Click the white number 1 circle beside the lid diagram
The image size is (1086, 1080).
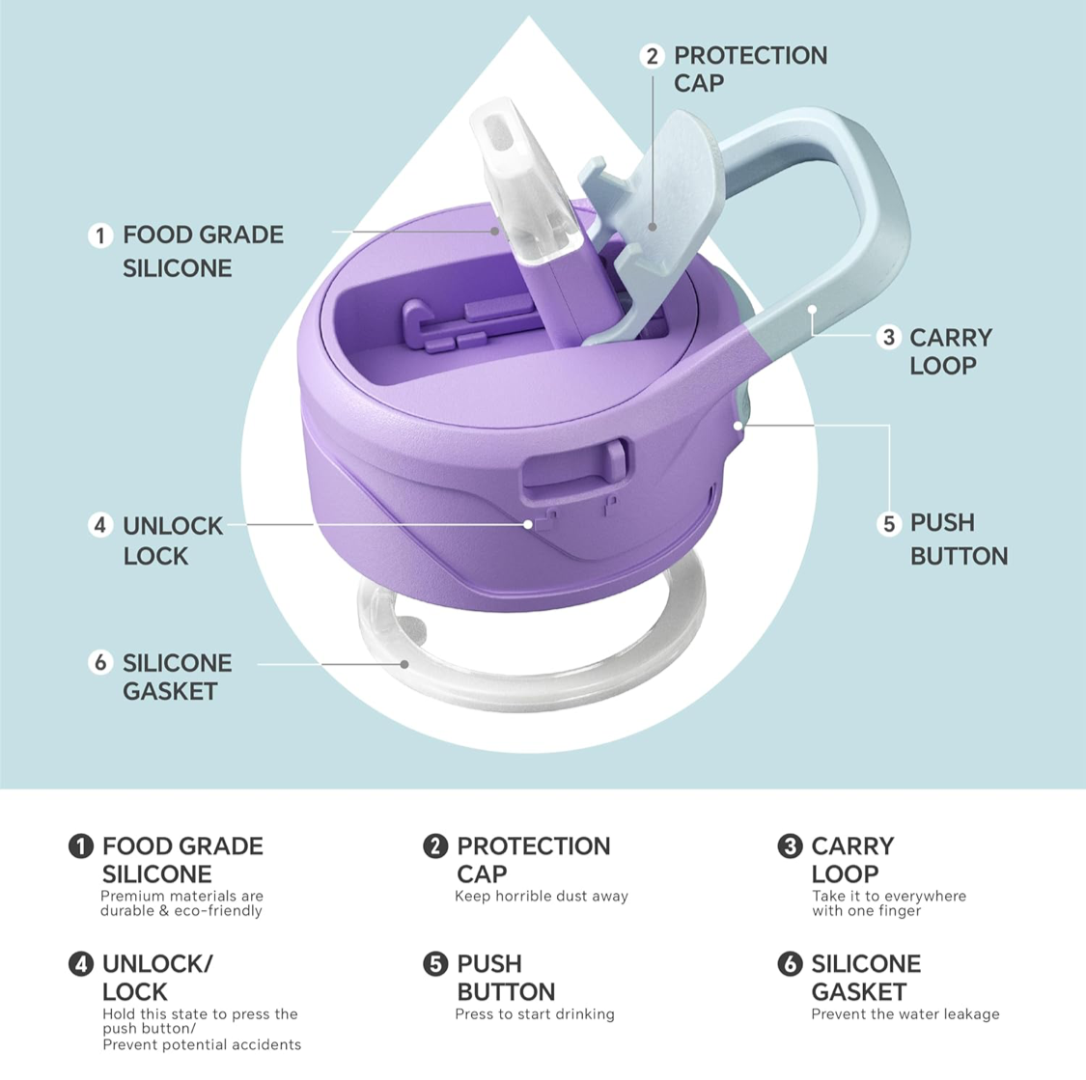tap(100, 235)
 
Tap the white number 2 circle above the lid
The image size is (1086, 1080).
tap(652, 56)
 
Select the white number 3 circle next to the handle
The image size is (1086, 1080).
tap(889, 338)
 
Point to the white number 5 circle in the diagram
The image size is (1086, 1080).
tap(889, 524)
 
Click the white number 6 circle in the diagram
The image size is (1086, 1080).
tap(100, 662)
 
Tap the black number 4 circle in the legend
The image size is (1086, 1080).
tap(80, 963)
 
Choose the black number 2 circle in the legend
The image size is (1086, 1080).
tap(435, 846)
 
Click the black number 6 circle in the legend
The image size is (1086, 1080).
tap(790, 963)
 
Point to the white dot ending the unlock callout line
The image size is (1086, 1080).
tap(528, 525)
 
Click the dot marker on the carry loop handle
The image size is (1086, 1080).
tap(812, 310)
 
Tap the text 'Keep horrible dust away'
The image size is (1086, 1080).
tap(542, 896)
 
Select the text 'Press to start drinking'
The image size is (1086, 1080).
tap(535, 1014)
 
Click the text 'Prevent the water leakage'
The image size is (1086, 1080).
tap(905, 1014)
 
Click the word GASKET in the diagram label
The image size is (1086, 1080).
tap(170, 691)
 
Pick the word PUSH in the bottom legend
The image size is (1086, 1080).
tap(489, 963)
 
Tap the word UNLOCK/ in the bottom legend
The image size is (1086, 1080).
tap(158, 963)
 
